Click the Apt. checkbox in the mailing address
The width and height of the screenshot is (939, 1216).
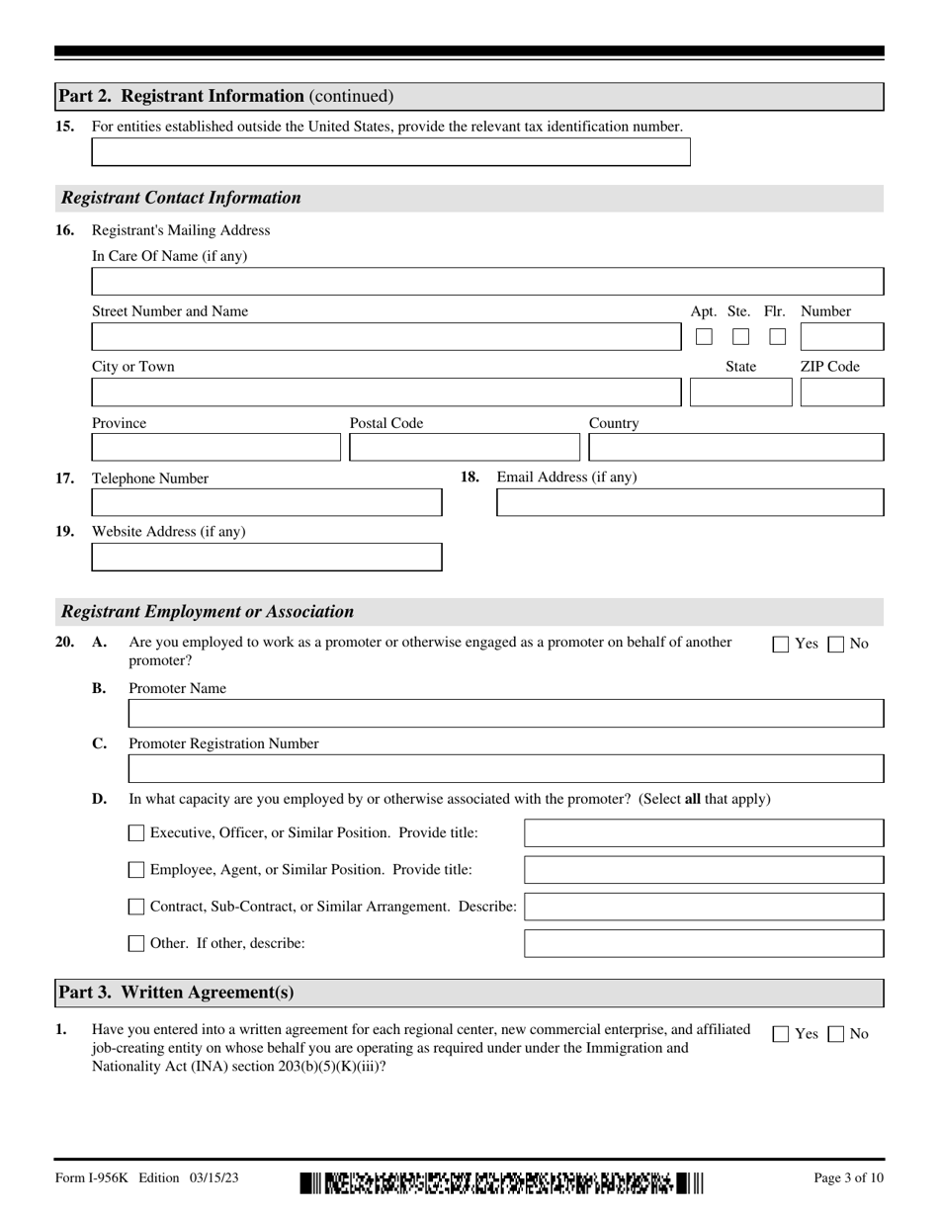[x=704, y=337]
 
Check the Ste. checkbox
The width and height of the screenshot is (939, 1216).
[x=740, y=337]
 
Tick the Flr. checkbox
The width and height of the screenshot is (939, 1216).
[x=777, y=337]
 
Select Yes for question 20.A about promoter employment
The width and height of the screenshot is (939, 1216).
[x=781, y=645]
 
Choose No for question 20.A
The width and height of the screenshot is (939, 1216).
[x=836, y=645]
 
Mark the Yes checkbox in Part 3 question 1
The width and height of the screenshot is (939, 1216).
[x=781, y=1035]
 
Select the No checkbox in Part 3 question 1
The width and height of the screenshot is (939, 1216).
[x=836, y=1035]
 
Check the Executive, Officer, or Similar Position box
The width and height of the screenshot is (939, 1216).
[x=137, y=833]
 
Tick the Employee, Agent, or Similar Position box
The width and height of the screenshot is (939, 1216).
[x=137, y=870]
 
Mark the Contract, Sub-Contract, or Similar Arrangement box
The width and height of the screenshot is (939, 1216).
[x=137, y=907]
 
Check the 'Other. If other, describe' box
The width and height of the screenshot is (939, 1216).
[x=137, y=943]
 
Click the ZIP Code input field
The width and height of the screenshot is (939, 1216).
[x=841, y=392]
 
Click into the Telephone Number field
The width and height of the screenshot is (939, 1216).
[x=267, y=503]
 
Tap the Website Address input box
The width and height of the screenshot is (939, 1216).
[x=267, y=558]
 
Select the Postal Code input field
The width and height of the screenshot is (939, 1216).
[x=465, y=448]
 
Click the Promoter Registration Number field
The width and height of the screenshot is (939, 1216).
[x=506, y=769]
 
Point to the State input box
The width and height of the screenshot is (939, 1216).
[x=740, y=392]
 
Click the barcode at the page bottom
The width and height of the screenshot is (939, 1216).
[x=502, y=1182]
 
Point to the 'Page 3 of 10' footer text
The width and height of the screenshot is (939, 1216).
[x=847, y=1177]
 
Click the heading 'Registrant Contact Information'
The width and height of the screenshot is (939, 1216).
[x=182, y=198]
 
